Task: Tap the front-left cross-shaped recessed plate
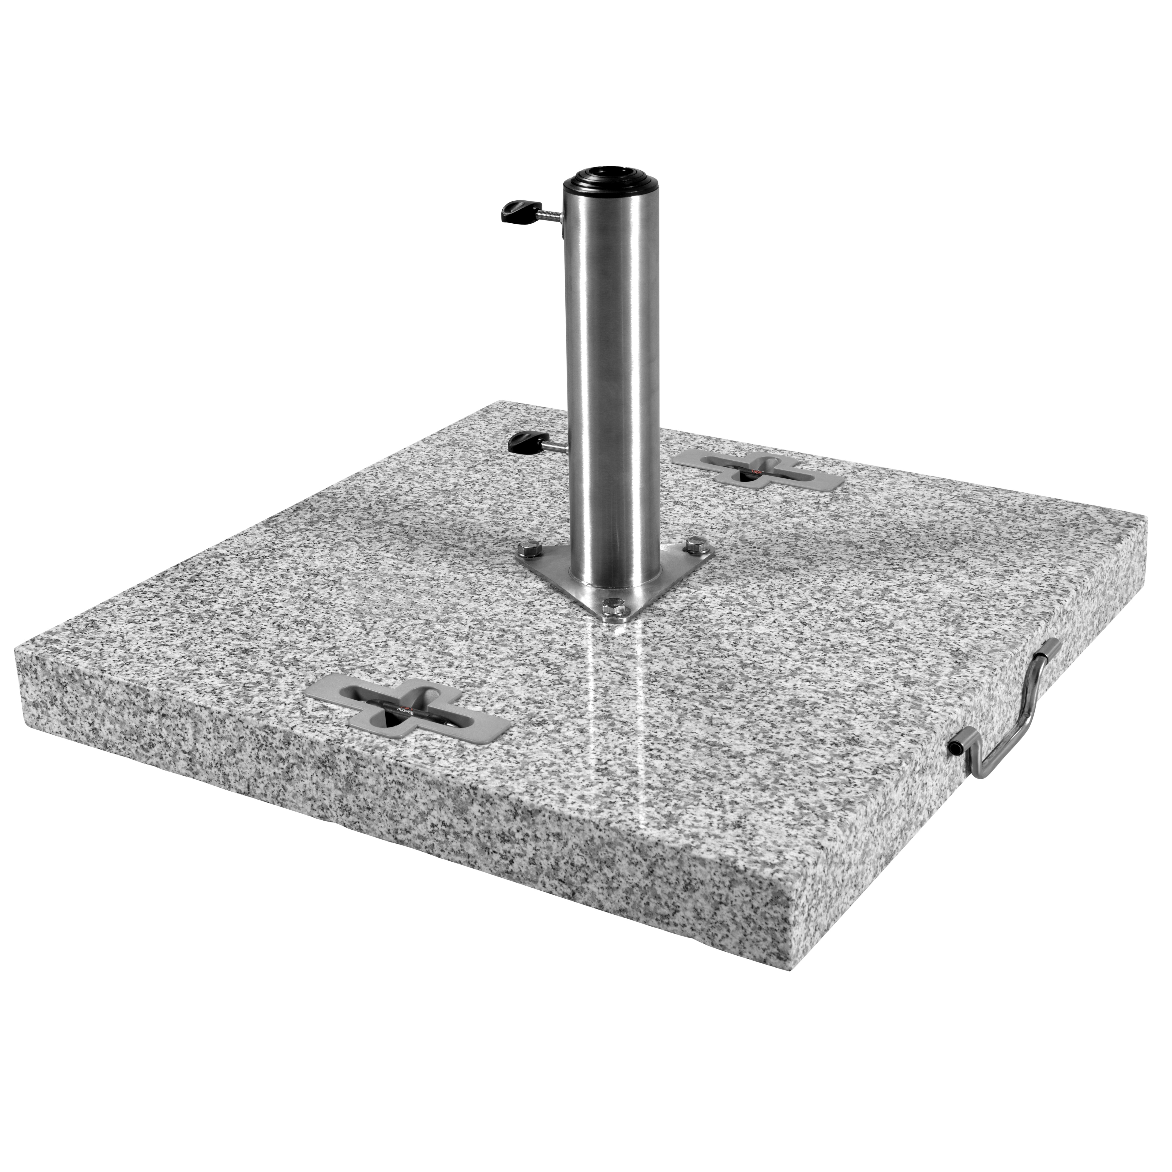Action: (406, 704)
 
